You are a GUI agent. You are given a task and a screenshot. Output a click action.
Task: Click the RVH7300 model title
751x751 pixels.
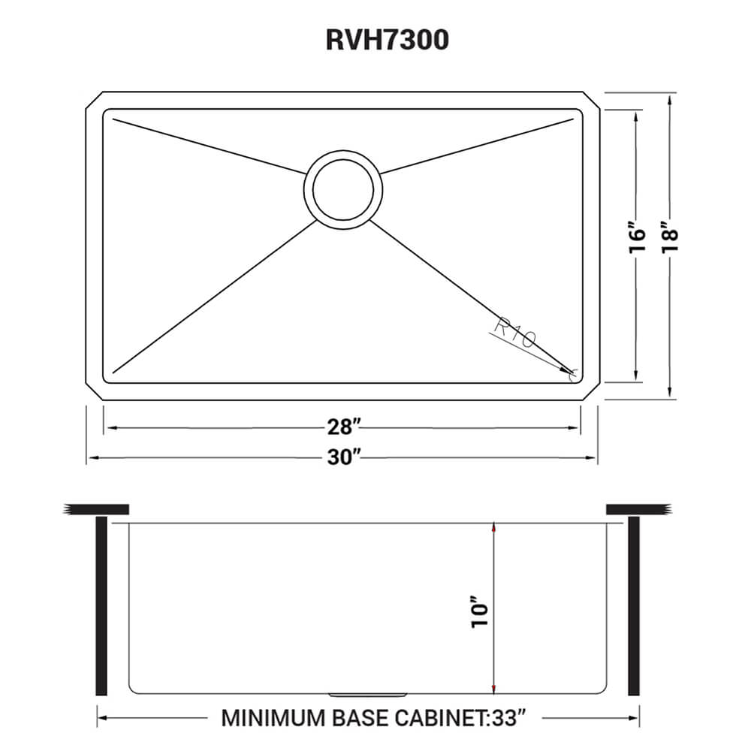coord(388,39)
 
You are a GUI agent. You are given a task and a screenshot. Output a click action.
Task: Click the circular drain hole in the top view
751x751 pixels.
coord(343,189)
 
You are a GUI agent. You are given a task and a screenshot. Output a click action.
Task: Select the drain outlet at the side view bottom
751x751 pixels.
coord(369,692)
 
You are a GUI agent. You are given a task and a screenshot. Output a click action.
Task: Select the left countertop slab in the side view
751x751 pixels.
coord(98,509)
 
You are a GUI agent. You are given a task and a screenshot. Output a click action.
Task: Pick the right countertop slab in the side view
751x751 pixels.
coord(637,509)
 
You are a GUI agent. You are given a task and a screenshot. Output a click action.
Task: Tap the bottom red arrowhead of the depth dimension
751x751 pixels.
coord(493,688)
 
